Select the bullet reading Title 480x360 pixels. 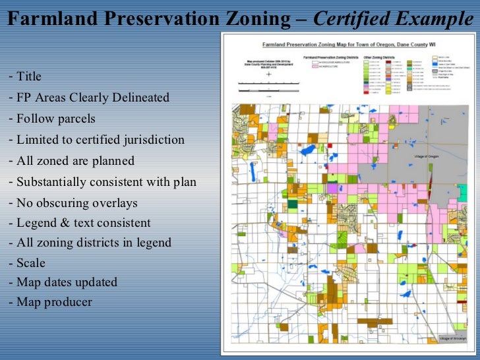[x=29, y=77]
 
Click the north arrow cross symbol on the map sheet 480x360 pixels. [x=269, y=75]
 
